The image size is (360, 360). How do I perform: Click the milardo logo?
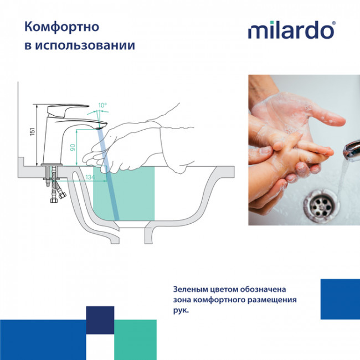pos(290,30)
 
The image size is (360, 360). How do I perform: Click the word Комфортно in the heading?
pos(55,26)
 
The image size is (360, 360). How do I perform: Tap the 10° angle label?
pos(102,105)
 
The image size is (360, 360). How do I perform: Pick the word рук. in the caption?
pos(181,311)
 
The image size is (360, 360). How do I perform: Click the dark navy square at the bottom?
pos(100,320)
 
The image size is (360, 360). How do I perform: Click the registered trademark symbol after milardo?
pos(333,24)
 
